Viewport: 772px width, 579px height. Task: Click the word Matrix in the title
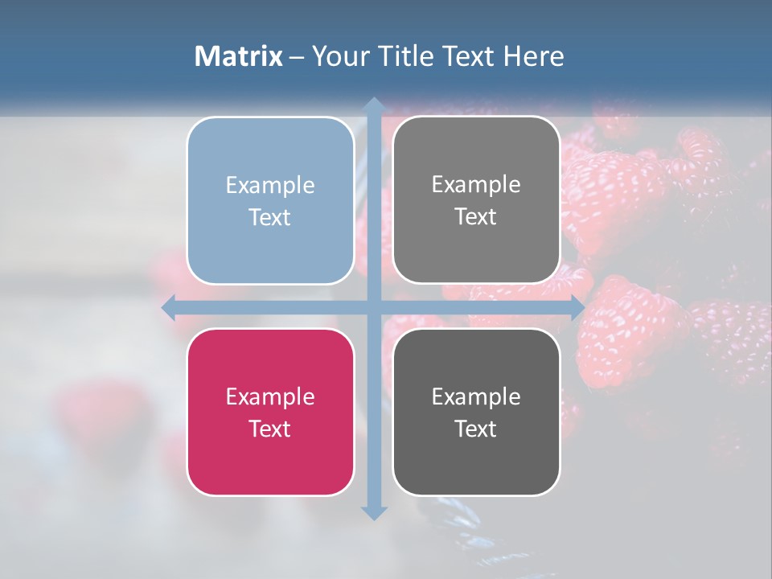[239, 56]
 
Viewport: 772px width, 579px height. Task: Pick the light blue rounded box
[270, 200]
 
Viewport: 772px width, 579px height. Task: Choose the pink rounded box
[270, 412]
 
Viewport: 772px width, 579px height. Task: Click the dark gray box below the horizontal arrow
[476, 412]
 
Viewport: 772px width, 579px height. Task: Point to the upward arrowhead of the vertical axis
[373, 105]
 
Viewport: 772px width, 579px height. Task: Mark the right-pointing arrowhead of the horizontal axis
[577, 308]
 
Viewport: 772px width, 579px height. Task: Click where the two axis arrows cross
[373, 308]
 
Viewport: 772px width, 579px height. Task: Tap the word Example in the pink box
[270, 396]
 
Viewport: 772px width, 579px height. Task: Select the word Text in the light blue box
[270, 217]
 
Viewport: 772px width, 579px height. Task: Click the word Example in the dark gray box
[476, 396]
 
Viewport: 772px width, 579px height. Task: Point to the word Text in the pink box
[270, 429]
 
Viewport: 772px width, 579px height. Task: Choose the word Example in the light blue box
[270, 185]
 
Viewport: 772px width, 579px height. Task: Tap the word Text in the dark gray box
[476, 429]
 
